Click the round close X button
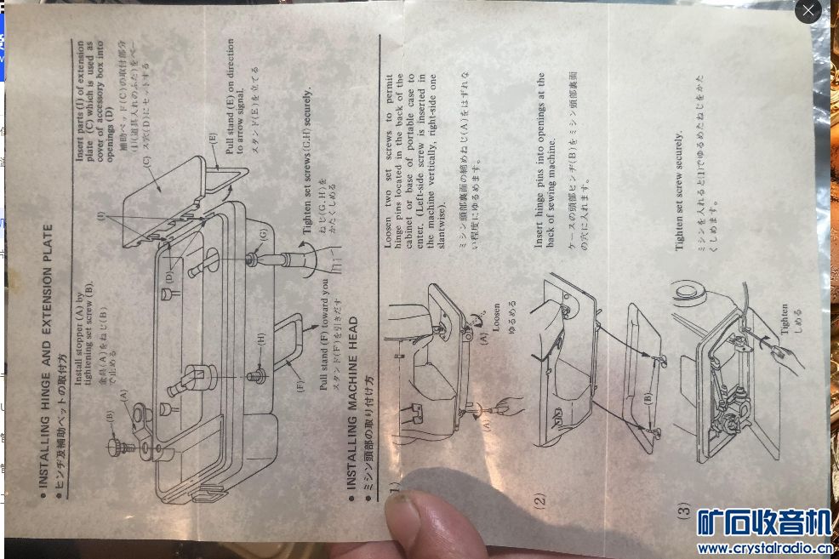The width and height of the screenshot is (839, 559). point(808,11)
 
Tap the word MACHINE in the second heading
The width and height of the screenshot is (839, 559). point(351,385)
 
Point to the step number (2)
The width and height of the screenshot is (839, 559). point(539,500)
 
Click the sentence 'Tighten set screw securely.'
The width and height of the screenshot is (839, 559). point(679,191)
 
